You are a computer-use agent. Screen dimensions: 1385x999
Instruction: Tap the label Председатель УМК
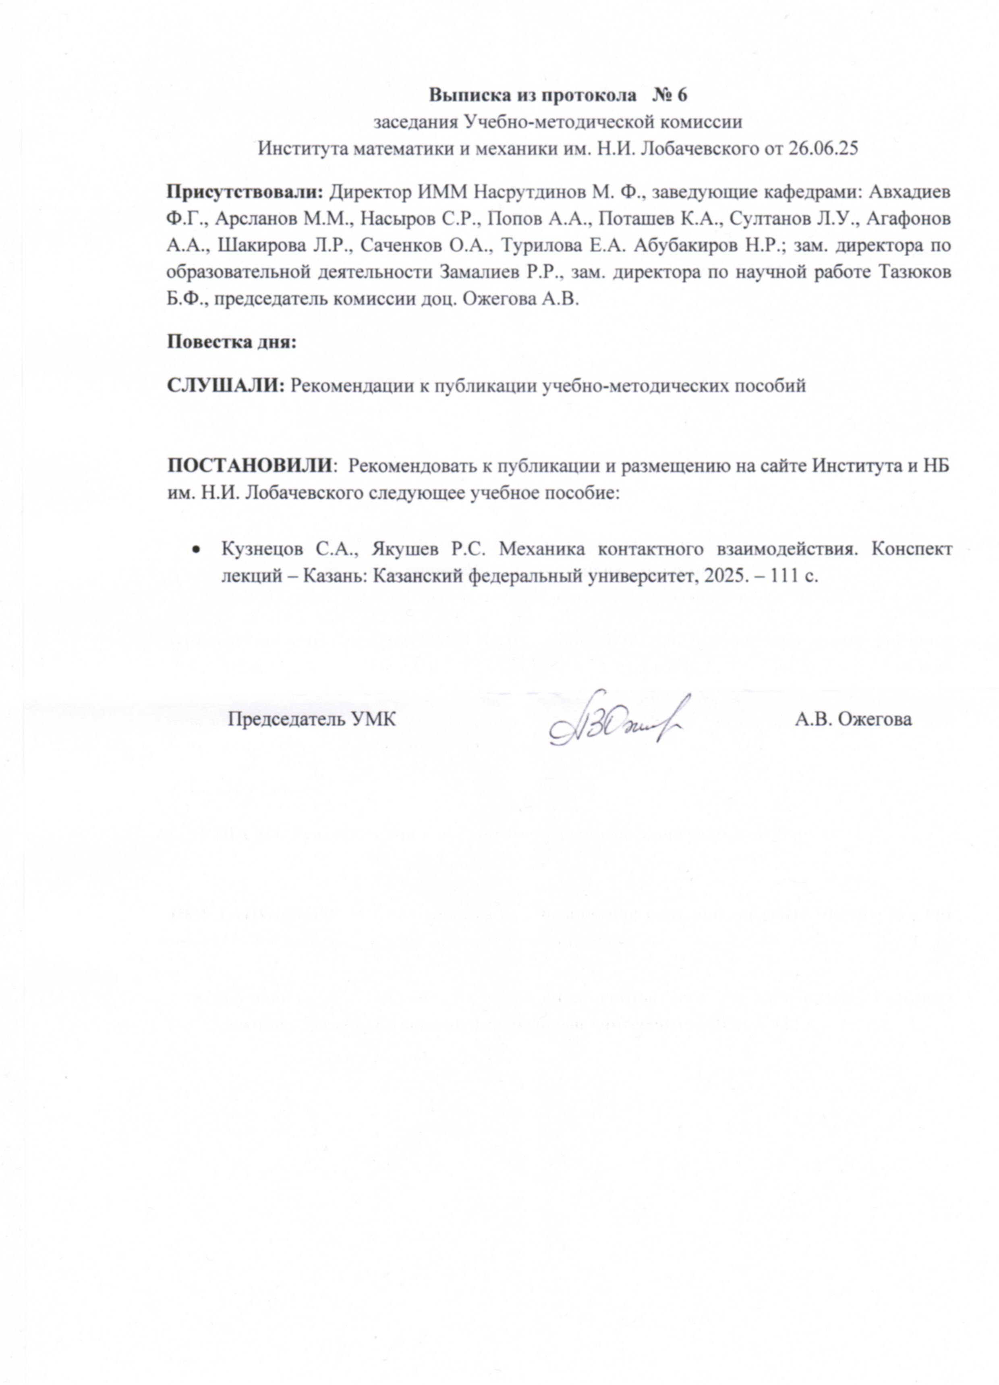click(x=311, y=719)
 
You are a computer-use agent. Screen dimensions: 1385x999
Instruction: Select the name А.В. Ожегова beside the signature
click(x=853, y=719)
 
